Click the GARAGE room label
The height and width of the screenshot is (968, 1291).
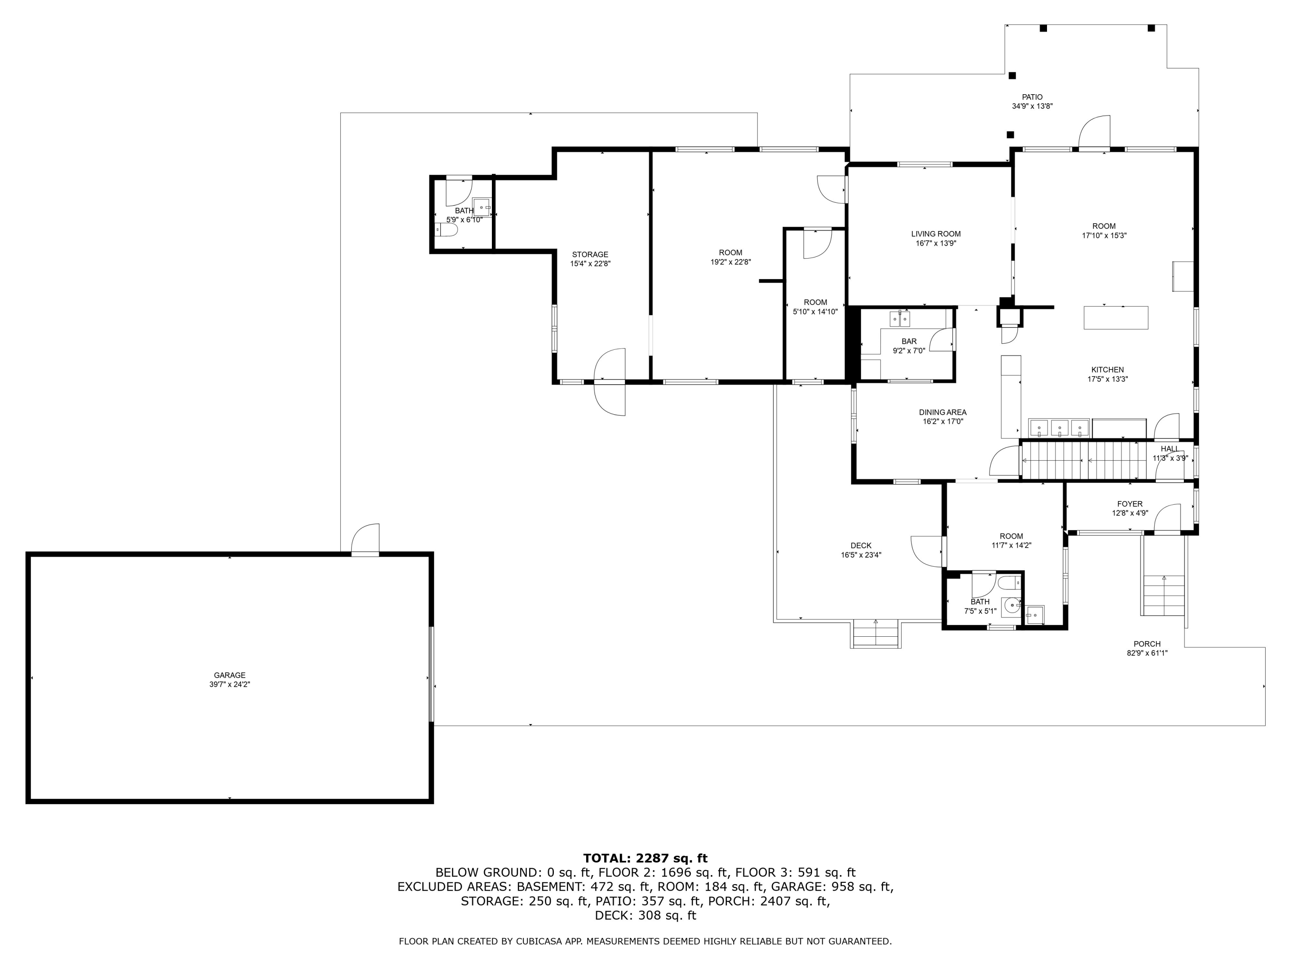click(229, 675)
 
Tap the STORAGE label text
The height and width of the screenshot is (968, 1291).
click(590, 254)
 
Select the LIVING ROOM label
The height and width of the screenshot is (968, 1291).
click(936, 234)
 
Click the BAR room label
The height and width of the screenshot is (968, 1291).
click(909, 341)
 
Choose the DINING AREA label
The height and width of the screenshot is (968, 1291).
click(942, 413)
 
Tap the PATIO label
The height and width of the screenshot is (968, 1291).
click(1032, 97)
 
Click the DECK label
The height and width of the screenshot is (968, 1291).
click(860, 546)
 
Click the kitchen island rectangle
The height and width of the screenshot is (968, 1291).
click(1115, 318)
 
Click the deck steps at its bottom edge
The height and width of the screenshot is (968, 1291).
click(875, 634)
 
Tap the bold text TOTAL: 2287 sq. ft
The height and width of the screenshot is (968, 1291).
click(645, 858)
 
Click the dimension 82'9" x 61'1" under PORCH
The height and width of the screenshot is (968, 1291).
click(1147, 654)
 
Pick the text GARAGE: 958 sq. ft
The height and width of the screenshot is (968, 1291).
click(832, 887)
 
